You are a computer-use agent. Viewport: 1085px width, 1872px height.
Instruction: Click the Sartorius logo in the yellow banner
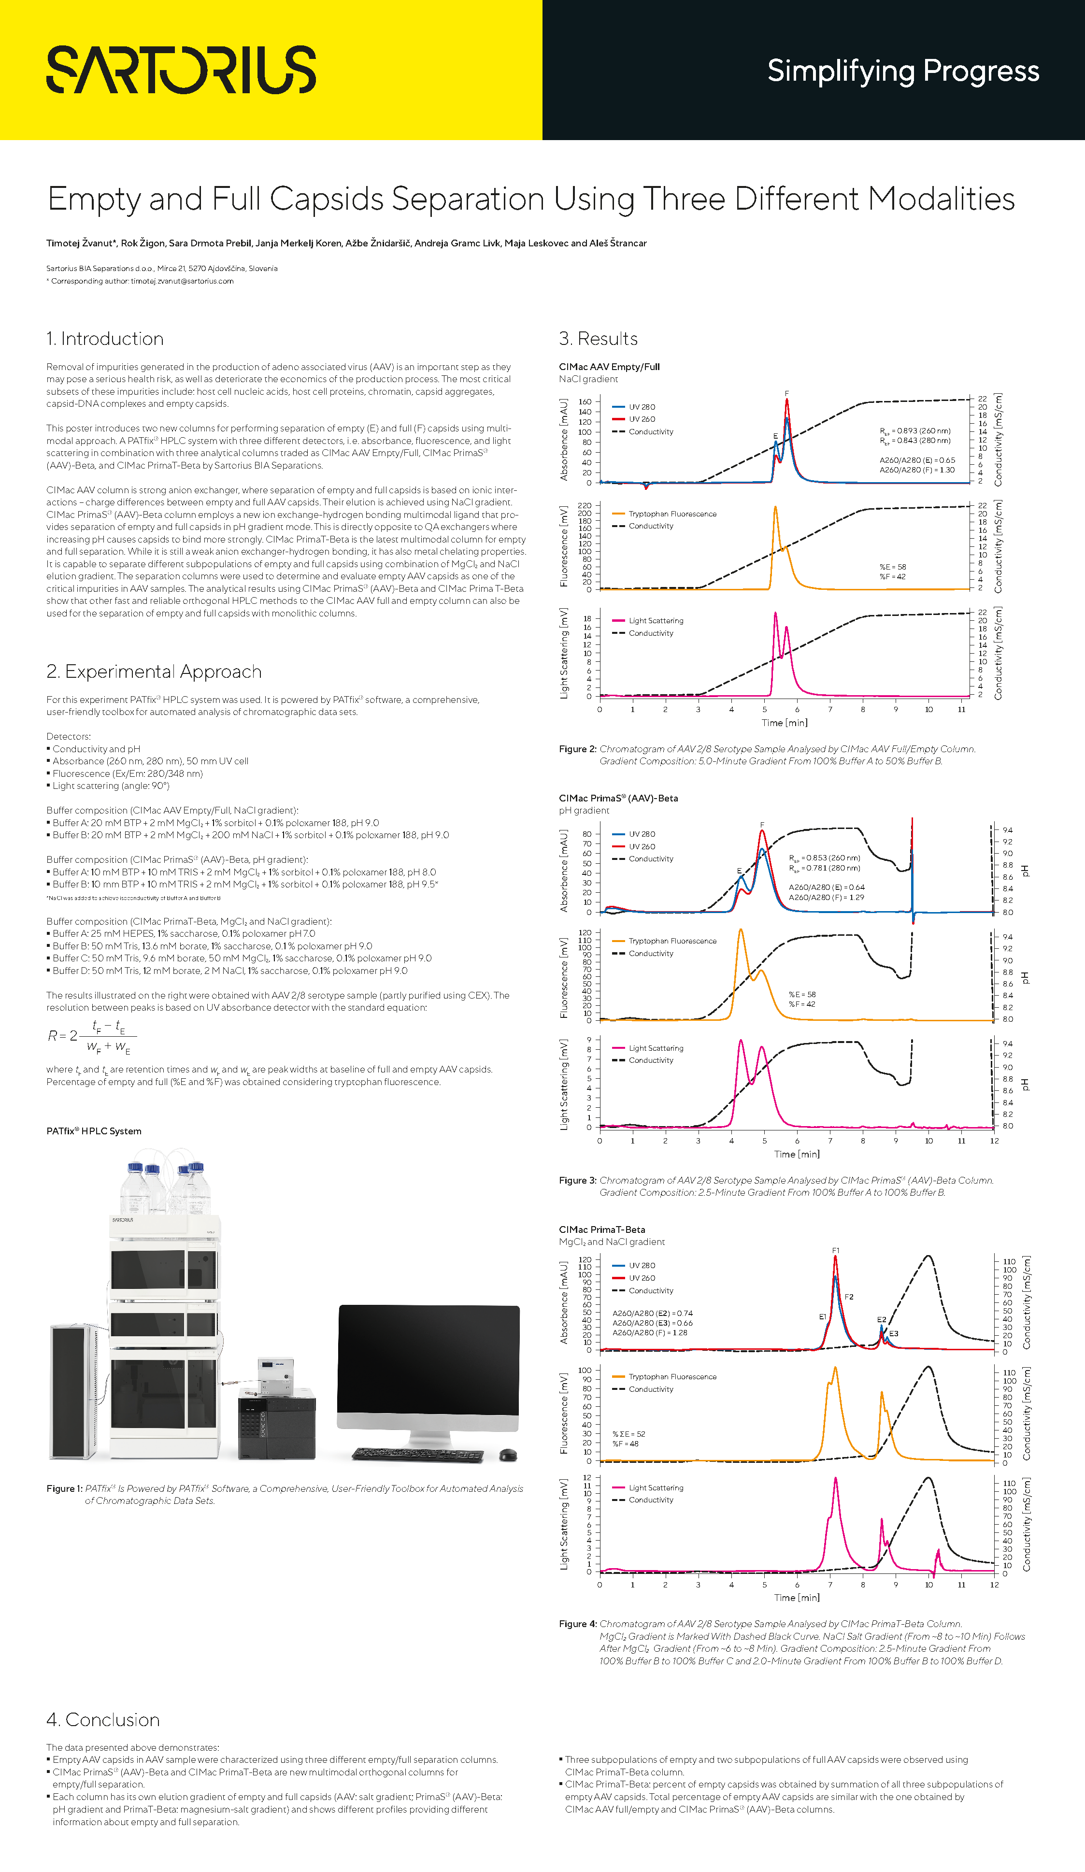(181, 70)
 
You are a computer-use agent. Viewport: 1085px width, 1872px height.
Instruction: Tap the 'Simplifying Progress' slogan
(902, 71)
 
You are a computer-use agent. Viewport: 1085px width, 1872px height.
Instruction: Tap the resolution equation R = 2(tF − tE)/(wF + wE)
(91, 1036)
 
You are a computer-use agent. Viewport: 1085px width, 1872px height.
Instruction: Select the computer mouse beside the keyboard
(509, 1455)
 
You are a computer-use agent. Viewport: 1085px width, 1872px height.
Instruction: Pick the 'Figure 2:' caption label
(578, 749)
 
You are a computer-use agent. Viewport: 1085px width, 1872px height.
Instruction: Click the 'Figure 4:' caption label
(578, 1624)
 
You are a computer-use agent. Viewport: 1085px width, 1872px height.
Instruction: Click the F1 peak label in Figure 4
(835, 1250)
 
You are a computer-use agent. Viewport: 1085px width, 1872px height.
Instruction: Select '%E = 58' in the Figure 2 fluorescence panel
(893, 567)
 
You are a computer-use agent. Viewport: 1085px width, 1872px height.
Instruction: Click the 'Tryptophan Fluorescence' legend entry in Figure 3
(672, 941)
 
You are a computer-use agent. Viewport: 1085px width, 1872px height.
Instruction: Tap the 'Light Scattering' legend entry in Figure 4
(656, 1488)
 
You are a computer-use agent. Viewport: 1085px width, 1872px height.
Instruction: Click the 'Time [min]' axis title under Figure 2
(784, 723)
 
